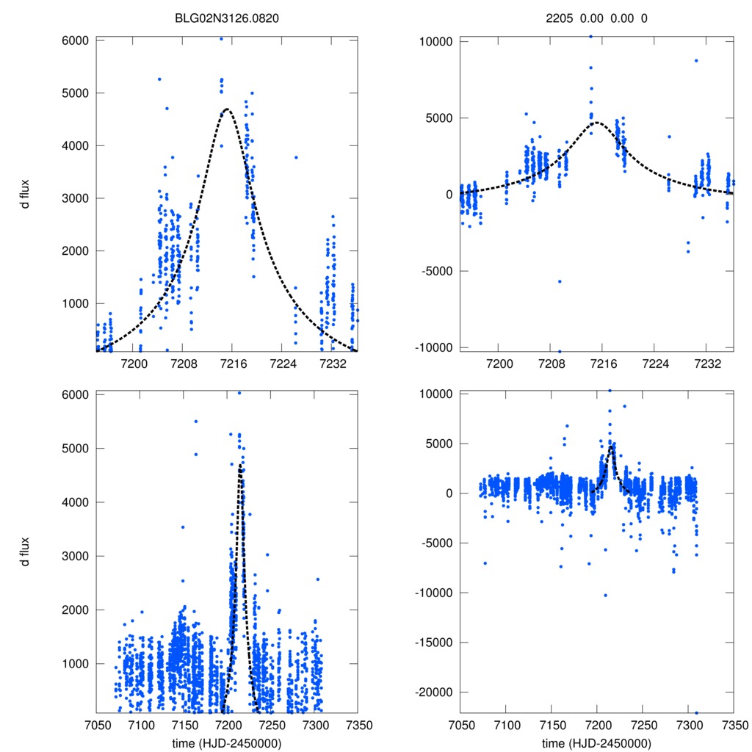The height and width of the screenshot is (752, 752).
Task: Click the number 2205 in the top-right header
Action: pyautogui.click(x=566, y=18)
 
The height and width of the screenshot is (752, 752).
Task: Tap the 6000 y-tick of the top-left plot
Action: pyautogui.click(x=76, y=40)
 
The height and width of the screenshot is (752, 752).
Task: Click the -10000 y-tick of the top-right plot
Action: pyautogui.click(x=431, y=347)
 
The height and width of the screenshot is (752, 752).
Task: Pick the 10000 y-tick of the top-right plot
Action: pyautogui.click(x=434, y=41)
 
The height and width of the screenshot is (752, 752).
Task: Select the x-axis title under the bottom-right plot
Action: pyautogui.click(x=596, y=742)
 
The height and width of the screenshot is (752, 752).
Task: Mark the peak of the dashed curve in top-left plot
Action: pyautogui.click(x=227, y=109)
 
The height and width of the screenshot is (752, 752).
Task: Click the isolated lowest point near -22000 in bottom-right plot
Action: pyautogui.click(x=696, y=712)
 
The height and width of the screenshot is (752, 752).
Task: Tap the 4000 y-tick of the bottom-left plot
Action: pyautogui.click(x=76, y=502)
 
